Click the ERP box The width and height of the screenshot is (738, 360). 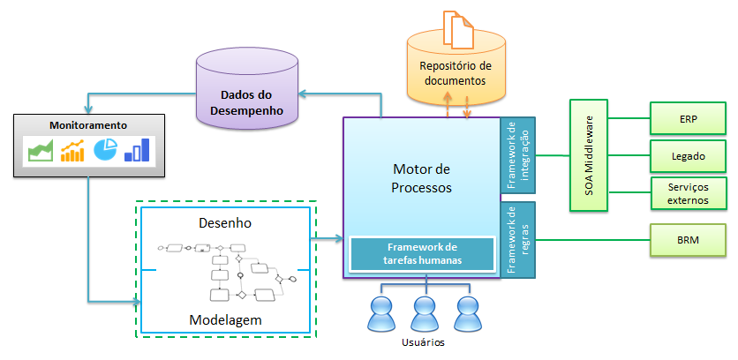click(x=688, y=116)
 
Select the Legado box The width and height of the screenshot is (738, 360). click(x=688, y=155)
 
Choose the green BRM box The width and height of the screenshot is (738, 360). click(x=688, y=239)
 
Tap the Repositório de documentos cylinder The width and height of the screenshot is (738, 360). click(x=456, y=74)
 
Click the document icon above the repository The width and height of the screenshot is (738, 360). click(x=456, y=29)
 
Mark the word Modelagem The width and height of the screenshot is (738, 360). click(x=226, y=319)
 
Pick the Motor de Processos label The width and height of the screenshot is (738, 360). click(x=421, y=178)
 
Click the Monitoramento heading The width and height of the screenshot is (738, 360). click(x=88, y=126)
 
